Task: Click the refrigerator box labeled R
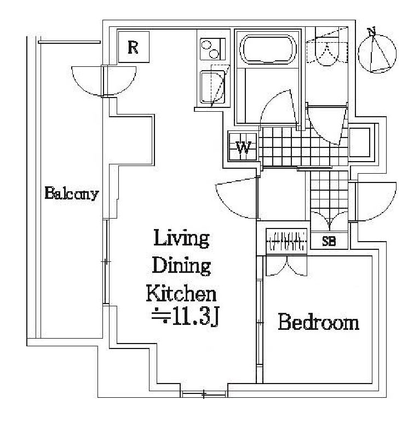(x=134, y=47)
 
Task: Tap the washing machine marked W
(x=243, y=146)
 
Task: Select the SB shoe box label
(x=329, y=241)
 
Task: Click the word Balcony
(x=72, y=193)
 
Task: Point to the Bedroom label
(x=319, y=322)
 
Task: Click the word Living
(x=181, y=238)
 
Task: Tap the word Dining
(x=181, y=265)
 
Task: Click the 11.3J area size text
(x=185, y=316)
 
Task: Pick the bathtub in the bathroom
(x=268, y=49)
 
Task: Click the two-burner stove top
(x=212, y=49)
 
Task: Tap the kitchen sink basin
(x=212, y=87)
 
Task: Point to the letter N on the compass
(x=372, y=31)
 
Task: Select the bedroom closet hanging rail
(x=286, y=241)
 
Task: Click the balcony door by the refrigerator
(x=104, y=81)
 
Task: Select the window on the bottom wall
(x=204, y=395)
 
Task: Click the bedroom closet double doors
(x=286, y=266)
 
